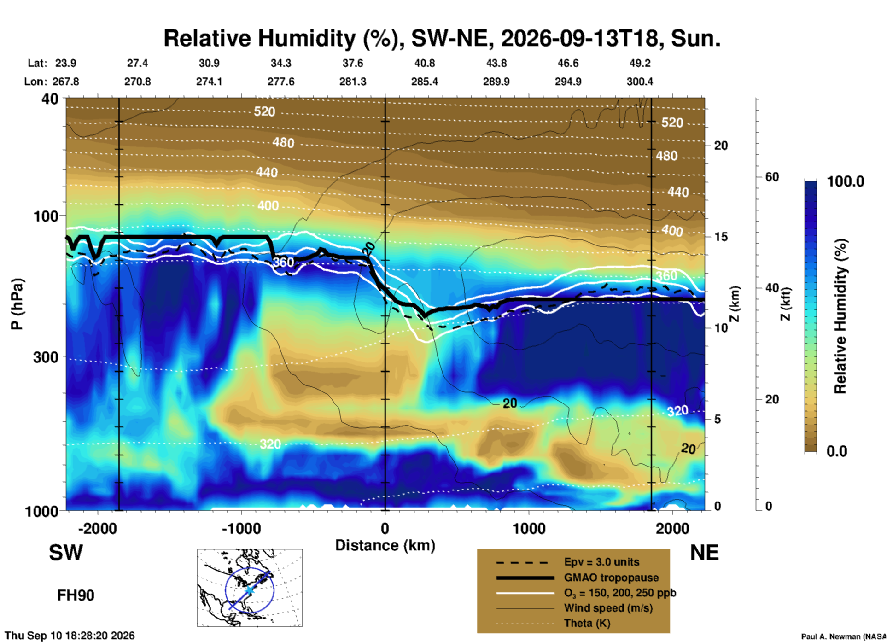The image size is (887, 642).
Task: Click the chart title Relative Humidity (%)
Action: coord(282,39)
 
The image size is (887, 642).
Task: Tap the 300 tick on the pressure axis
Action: coord(46,357)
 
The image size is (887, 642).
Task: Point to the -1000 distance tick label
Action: coord(241,528)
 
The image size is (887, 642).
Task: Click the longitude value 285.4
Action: coord(425,82)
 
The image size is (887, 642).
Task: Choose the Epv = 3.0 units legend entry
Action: coord(601,562)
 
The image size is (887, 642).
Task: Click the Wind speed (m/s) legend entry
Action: coord(608,608)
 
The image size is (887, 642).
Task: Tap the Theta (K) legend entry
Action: coord(587,623)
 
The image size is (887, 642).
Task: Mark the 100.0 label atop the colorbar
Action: coord(846,181)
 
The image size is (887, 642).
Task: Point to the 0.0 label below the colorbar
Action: coord(837,451)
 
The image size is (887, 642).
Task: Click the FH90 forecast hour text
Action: coord(76,595)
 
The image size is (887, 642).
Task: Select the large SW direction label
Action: coord(66,553)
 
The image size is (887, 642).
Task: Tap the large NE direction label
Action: coord(704,553)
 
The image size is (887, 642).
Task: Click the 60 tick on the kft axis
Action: coord(772,177)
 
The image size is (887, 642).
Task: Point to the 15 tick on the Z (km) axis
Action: coord(721,237)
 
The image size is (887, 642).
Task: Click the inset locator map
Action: coord(250,588)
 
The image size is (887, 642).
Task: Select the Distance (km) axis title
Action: coord(385,545)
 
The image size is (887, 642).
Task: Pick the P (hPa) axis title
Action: coord(17,304)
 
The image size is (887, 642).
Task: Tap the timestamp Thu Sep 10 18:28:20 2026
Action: coord(70,636)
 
